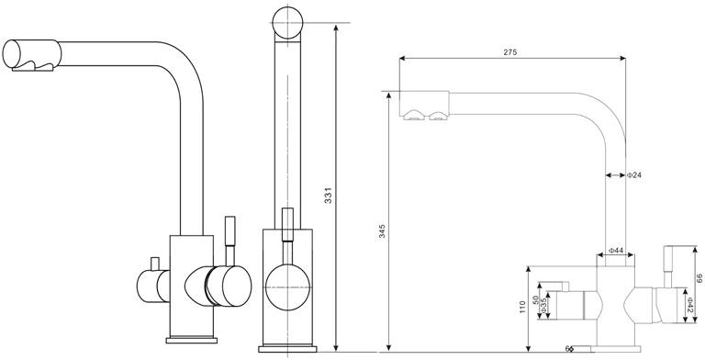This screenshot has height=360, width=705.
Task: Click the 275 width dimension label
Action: coord(509,52)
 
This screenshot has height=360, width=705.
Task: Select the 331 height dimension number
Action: coord(329,195)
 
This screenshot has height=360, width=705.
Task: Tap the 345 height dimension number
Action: coord(382,231)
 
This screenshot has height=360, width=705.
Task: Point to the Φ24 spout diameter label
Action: coord(634,175)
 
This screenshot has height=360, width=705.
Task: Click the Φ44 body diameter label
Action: coord(616,250)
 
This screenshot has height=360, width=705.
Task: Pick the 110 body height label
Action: coord(522,307)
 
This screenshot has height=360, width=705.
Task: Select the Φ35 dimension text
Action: coord(543,306)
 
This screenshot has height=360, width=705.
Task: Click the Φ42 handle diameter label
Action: coord(689,304)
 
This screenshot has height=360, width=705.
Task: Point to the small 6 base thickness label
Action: coord(567,348)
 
